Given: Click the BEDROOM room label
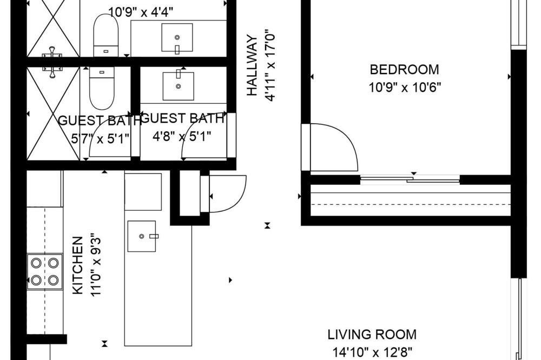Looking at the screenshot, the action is click(x=404, y=70).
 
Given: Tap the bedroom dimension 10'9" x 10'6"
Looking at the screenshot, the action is click(x=405, y=87).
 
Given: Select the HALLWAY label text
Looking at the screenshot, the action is click(x=252, y=65).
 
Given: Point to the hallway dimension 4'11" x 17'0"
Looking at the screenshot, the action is click(x=270, y=65).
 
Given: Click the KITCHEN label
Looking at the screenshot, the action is click(x=77, y=265).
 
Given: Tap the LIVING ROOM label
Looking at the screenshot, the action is click(x=372, y=335).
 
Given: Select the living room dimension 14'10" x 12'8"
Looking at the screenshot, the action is click(x=372, y=352).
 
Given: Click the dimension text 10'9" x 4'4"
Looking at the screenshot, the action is click(x=141, y=12).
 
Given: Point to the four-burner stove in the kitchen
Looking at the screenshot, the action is click(x=45, y=272).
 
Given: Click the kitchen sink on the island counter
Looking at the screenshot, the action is click(x=142, y=236).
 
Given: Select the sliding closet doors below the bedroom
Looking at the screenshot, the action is click(x=410, y=179).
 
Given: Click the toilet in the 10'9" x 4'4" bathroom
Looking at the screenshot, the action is click(x=106, y=35).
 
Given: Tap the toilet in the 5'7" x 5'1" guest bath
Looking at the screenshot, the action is click(x=102, y=88).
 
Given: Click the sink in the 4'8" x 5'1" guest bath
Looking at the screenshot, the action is click(x=179, y=85).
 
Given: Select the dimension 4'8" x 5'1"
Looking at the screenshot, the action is click(x=182, y=137).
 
